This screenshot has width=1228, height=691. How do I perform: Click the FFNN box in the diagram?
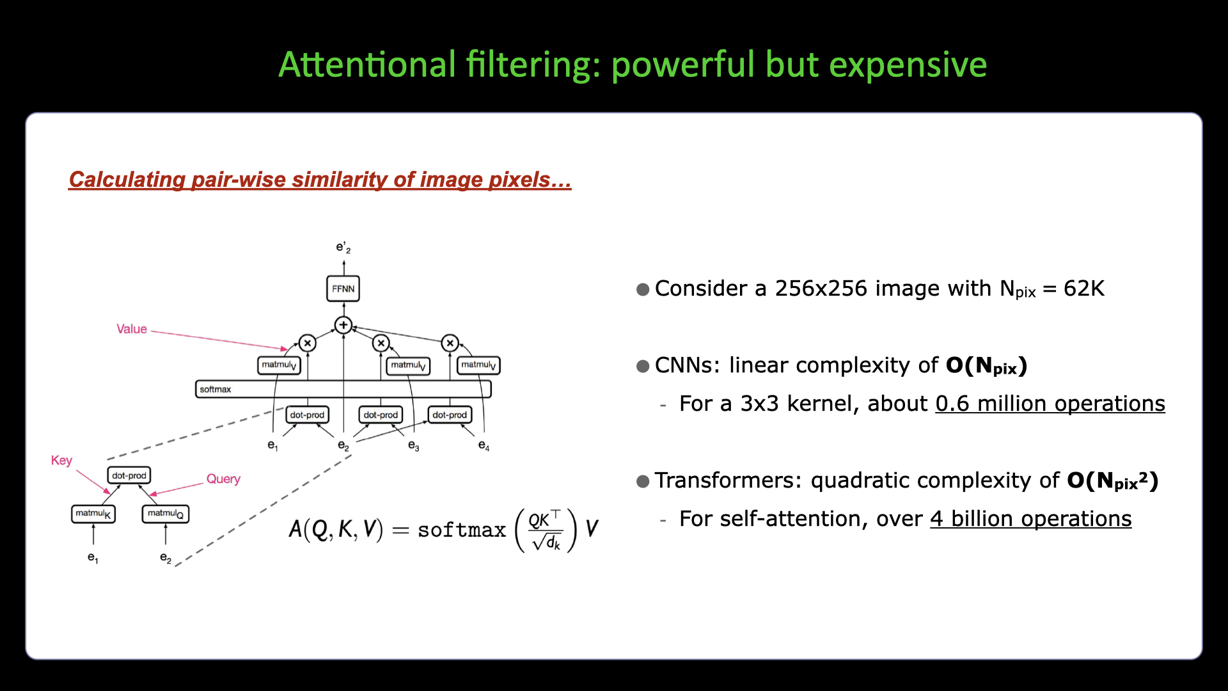pos(343,289)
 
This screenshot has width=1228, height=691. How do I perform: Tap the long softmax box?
pos(343,389)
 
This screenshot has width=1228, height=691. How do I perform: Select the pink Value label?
pos(132,329)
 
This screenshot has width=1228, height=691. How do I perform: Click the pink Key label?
pos(61,461)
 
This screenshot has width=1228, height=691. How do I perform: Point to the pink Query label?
pos(223,479)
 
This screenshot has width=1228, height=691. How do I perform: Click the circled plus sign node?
pos(343,325)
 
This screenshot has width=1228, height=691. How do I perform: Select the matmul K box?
pos(93,514)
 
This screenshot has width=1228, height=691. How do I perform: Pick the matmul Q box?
pos(166,514)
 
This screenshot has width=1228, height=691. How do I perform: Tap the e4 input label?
pos(484,446)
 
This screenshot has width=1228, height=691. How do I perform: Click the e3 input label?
pos(414,446)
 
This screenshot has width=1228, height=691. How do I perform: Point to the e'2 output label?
pos(343,248)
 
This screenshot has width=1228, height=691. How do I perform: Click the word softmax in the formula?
pos(462,530)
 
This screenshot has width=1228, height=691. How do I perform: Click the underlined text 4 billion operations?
pos(1031,519)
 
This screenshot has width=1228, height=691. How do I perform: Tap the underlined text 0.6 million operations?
pos(1050,404)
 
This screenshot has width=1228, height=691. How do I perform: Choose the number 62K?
pos(1084,289)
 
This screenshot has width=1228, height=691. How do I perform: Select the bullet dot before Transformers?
pos(643,481)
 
